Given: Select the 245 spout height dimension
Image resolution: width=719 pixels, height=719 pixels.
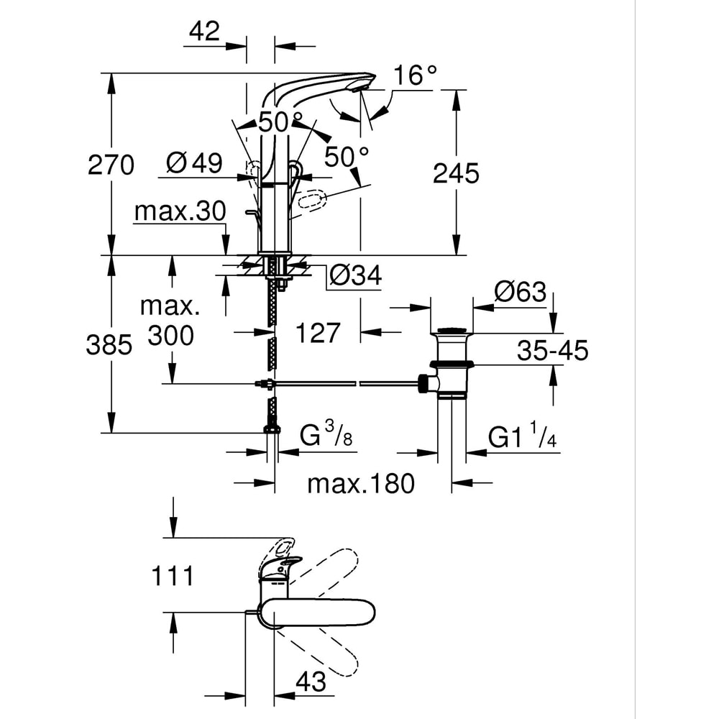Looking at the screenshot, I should click(x=455, y=173).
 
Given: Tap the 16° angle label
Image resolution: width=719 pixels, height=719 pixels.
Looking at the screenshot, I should click(x=416, y=75).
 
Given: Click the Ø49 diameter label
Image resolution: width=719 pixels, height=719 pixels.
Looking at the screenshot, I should click(x=193, y=163).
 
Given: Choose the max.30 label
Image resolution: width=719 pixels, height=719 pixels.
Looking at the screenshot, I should click(x=180, y=211).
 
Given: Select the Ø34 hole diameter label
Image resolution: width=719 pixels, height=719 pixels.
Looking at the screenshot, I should click(x=355, y=275).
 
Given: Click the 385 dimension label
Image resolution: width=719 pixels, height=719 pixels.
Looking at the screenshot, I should click(x=109, y=346).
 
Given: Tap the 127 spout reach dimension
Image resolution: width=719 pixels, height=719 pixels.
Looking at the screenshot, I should click(x=318, y=333).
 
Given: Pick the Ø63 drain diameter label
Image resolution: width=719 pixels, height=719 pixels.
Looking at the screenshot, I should click(x=520, y=293).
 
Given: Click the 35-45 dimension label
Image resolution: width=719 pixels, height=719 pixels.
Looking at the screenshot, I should click(x=552, y=351).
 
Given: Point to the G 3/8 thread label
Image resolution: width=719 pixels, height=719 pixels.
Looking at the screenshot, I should click(x=325, y=434).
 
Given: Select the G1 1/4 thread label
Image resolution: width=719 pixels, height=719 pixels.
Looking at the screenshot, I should click(x=523, y=436).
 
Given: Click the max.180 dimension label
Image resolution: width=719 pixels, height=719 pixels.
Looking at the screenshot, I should click(x=361, y=484).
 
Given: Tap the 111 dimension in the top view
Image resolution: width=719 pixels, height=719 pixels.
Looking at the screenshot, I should click(x=173, y=575).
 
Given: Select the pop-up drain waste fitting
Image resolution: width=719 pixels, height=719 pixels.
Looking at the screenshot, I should click(x=453, y=363).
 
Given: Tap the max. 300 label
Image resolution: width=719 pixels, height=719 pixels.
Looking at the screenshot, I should click(x=170, y=321).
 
